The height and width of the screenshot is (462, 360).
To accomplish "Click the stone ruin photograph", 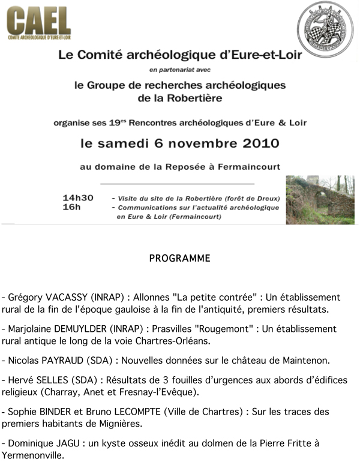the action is (x=320, y=200).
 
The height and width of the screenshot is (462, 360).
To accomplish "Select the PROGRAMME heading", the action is (x=179, y=259).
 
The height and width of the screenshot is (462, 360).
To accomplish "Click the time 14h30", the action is (x=78, y=197).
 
